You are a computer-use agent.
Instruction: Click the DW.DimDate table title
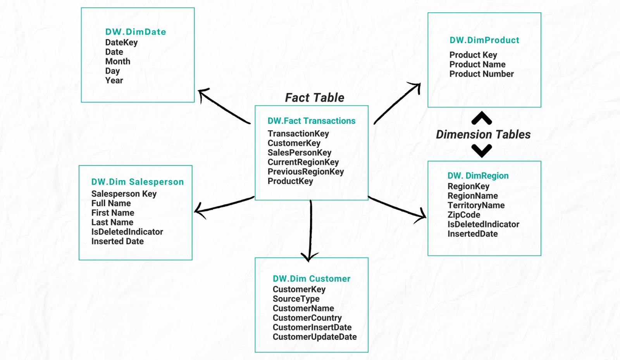click(136, 32)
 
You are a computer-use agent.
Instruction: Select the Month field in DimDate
click(118, 61)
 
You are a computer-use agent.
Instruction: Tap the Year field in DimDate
click(114, 80)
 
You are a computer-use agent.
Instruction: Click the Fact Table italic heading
click(315, 98)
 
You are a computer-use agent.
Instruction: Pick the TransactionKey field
click(298, 134)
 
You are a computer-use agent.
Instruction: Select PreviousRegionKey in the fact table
click(305, 172)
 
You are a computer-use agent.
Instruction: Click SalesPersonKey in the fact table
click(299, 153)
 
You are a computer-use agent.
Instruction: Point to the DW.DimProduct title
click(484, 40)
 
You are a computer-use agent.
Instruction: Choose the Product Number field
click(481, 74)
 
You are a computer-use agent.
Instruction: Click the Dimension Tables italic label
click(483, 134)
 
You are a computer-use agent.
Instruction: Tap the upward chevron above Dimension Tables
click(482, 118)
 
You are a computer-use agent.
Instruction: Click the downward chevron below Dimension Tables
click(482, 150)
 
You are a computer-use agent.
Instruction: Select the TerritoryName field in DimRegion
click(476, 205)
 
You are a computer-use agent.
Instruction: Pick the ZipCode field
click(463, 215)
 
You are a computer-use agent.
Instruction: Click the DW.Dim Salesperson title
click(138, 182)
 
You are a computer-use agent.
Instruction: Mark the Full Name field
click(111, 203)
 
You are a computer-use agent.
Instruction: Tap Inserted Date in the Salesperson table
click(117, 241)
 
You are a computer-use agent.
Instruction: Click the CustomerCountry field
click(307, 318)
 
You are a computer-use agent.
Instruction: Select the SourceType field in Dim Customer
click(296, 299)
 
